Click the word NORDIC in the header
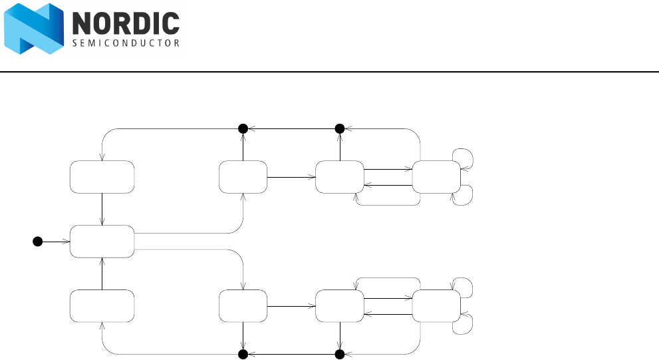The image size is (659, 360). (125, 25)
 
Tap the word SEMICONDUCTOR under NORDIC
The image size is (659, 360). (125, 44)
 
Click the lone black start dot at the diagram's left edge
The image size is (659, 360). (38, 241)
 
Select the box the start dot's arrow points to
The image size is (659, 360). (102, 241)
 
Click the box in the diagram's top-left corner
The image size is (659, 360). (102, 177)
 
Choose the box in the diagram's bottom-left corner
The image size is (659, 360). (102, 306)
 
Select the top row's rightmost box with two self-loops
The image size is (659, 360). (436, 177)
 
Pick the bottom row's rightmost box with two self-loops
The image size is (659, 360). (436, 306)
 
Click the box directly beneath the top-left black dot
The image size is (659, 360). (243, 177)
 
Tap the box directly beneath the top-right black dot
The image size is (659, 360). (339, 177)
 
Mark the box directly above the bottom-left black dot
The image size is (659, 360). (243, 306)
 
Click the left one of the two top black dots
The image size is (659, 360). (243, 128)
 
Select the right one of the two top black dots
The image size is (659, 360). (339, 128)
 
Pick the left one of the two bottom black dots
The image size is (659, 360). (243, 353)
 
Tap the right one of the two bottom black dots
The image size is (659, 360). (339, 353)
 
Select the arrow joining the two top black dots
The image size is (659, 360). (291, 128)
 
